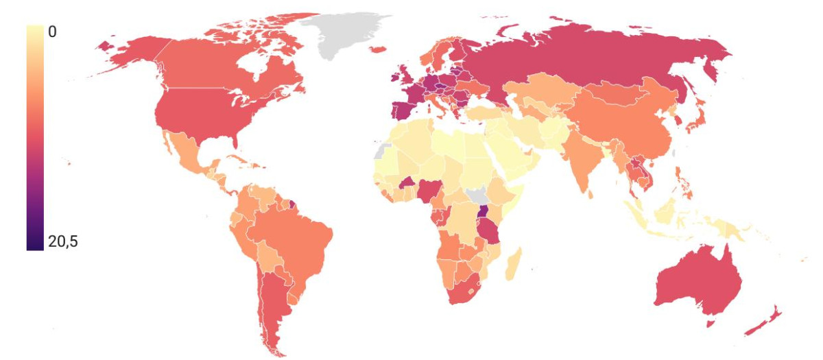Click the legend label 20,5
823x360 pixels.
pyautogui.click(x=63, y=242)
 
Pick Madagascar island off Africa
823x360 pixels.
pyautogui.click(x=514, y=265)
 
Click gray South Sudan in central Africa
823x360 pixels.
pyautogui.click(x=473, y=195)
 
